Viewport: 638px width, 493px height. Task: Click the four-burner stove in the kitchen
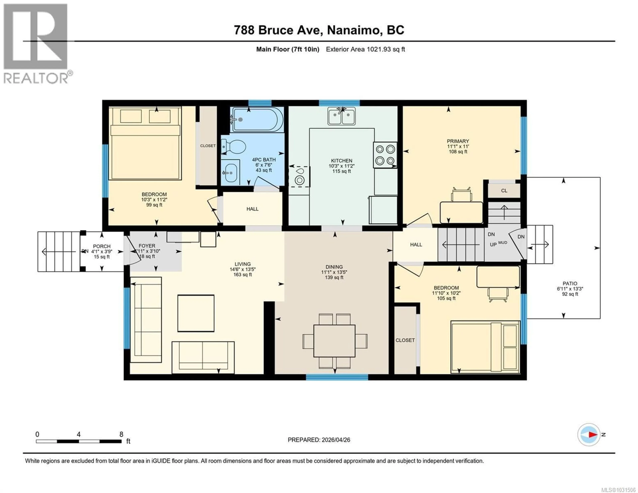[385, 155]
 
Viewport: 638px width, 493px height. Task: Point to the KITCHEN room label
[341, 161]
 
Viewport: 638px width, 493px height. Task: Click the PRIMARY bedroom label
[458, 141]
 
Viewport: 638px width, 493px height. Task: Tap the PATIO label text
[570, 283]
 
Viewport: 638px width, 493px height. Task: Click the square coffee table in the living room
[196, 313]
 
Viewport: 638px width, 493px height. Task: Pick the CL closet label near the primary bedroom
[504, 191]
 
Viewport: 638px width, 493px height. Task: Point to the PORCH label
[102, 246]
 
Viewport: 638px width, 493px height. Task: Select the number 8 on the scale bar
[121, 434]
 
